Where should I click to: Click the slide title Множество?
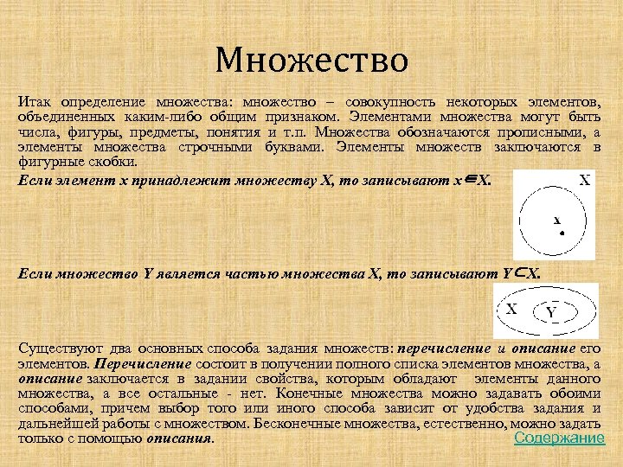(x=311, y=61)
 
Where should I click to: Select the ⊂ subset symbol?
(x=521, y=272)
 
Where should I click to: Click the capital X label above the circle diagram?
(x=585, y=181)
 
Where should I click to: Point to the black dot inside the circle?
(x=562, y=232)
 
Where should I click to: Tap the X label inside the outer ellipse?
(x=512, y=308)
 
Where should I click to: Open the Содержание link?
(x=559, y=438)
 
